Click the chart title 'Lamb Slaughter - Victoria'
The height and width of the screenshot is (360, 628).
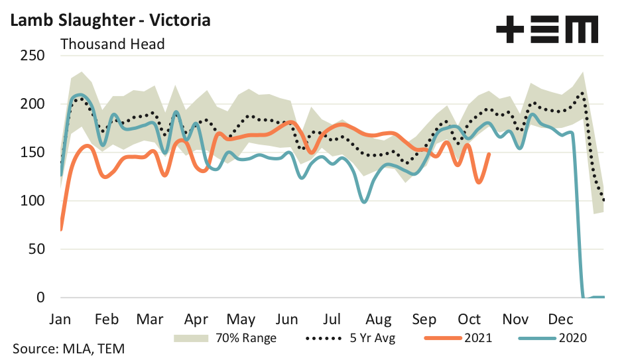tap(109, 20)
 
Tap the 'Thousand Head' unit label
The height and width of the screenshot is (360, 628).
tap(113, 44)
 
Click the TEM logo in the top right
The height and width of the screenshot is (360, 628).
tap(547, 29)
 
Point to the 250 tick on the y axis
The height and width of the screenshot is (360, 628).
tap(31, 56)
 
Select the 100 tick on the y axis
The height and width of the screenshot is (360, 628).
tap(31, 201)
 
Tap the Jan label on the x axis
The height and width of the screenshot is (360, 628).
tap(60, 318)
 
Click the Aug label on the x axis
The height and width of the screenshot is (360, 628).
tap(379, 318)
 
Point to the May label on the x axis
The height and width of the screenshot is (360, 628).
tap(241, 318)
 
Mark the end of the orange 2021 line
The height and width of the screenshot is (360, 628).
tap(489, 154)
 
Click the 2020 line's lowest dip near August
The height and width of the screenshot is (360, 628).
tap(363, 202)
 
